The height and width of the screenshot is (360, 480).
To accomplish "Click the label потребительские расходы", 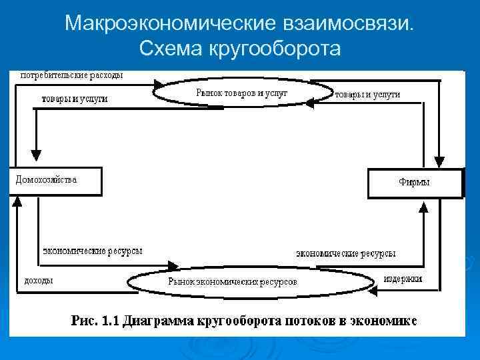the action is click(71, 75).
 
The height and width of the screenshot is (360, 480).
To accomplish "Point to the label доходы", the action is click(39, 280).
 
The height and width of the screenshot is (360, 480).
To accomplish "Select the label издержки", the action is click(403, 278).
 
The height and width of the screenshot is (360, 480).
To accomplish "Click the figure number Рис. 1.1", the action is click(94, 321).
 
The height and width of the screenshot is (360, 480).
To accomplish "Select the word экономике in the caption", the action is click(385, 321).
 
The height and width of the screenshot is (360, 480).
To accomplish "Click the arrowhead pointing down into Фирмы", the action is click(437, 163).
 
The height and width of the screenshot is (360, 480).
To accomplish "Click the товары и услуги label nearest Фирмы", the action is click(368, 95).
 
